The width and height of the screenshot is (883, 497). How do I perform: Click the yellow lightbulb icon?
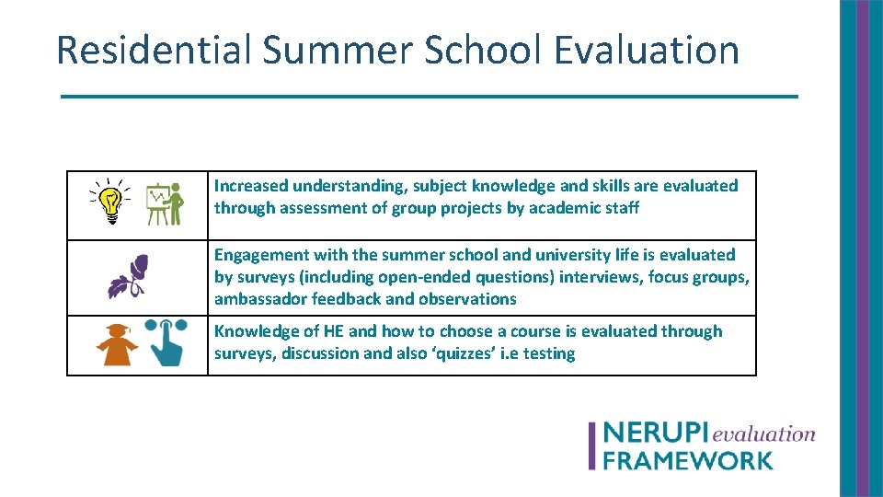pos(110,202)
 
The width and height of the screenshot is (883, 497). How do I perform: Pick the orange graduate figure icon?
pos(117,346)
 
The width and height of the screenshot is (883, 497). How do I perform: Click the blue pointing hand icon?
pos(166,344)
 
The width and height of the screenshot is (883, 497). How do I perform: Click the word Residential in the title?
pos(154,50)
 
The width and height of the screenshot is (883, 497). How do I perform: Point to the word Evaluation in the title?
pos(647,50)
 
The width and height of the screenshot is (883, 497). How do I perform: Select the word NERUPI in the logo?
pos(655,434)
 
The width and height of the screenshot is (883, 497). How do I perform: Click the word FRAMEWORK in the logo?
pos(687,459)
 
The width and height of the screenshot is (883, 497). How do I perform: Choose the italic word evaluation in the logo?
pos(763,433)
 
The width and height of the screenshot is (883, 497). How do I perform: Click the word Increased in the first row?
pos(251,186)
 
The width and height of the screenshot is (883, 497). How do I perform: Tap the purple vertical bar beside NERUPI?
pos(593,446)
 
